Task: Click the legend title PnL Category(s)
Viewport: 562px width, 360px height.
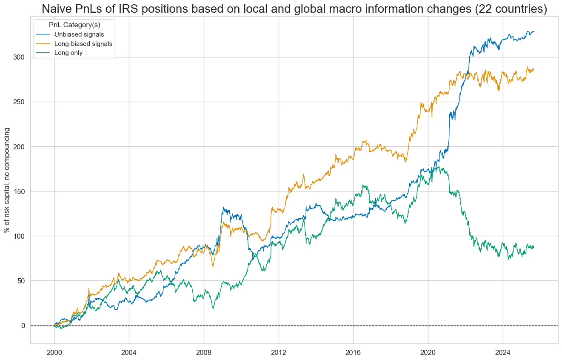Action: [74, 25]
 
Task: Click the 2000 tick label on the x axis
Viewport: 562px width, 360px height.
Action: [54, 352]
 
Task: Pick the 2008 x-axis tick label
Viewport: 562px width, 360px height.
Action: [204, 352]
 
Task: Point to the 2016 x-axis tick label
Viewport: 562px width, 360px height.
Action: [353, 352]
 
